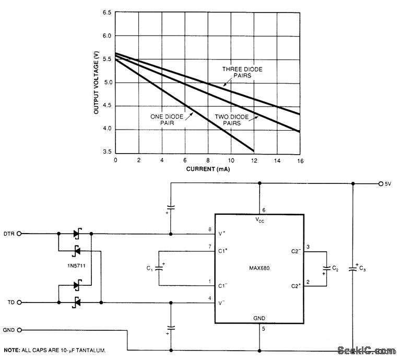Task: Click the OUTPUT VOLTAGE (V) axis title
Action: click(x=97, y=82)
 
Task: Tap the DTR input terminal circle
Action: click(x=20, y=234)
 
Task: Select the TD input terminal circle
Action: click(x=20, y=303)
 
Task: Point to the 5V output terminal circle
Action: click(x=381, y=183)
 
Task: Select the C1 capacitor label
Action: click(x=149, y=270)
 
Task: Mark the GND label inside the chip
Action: click(x=260, y=318)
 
